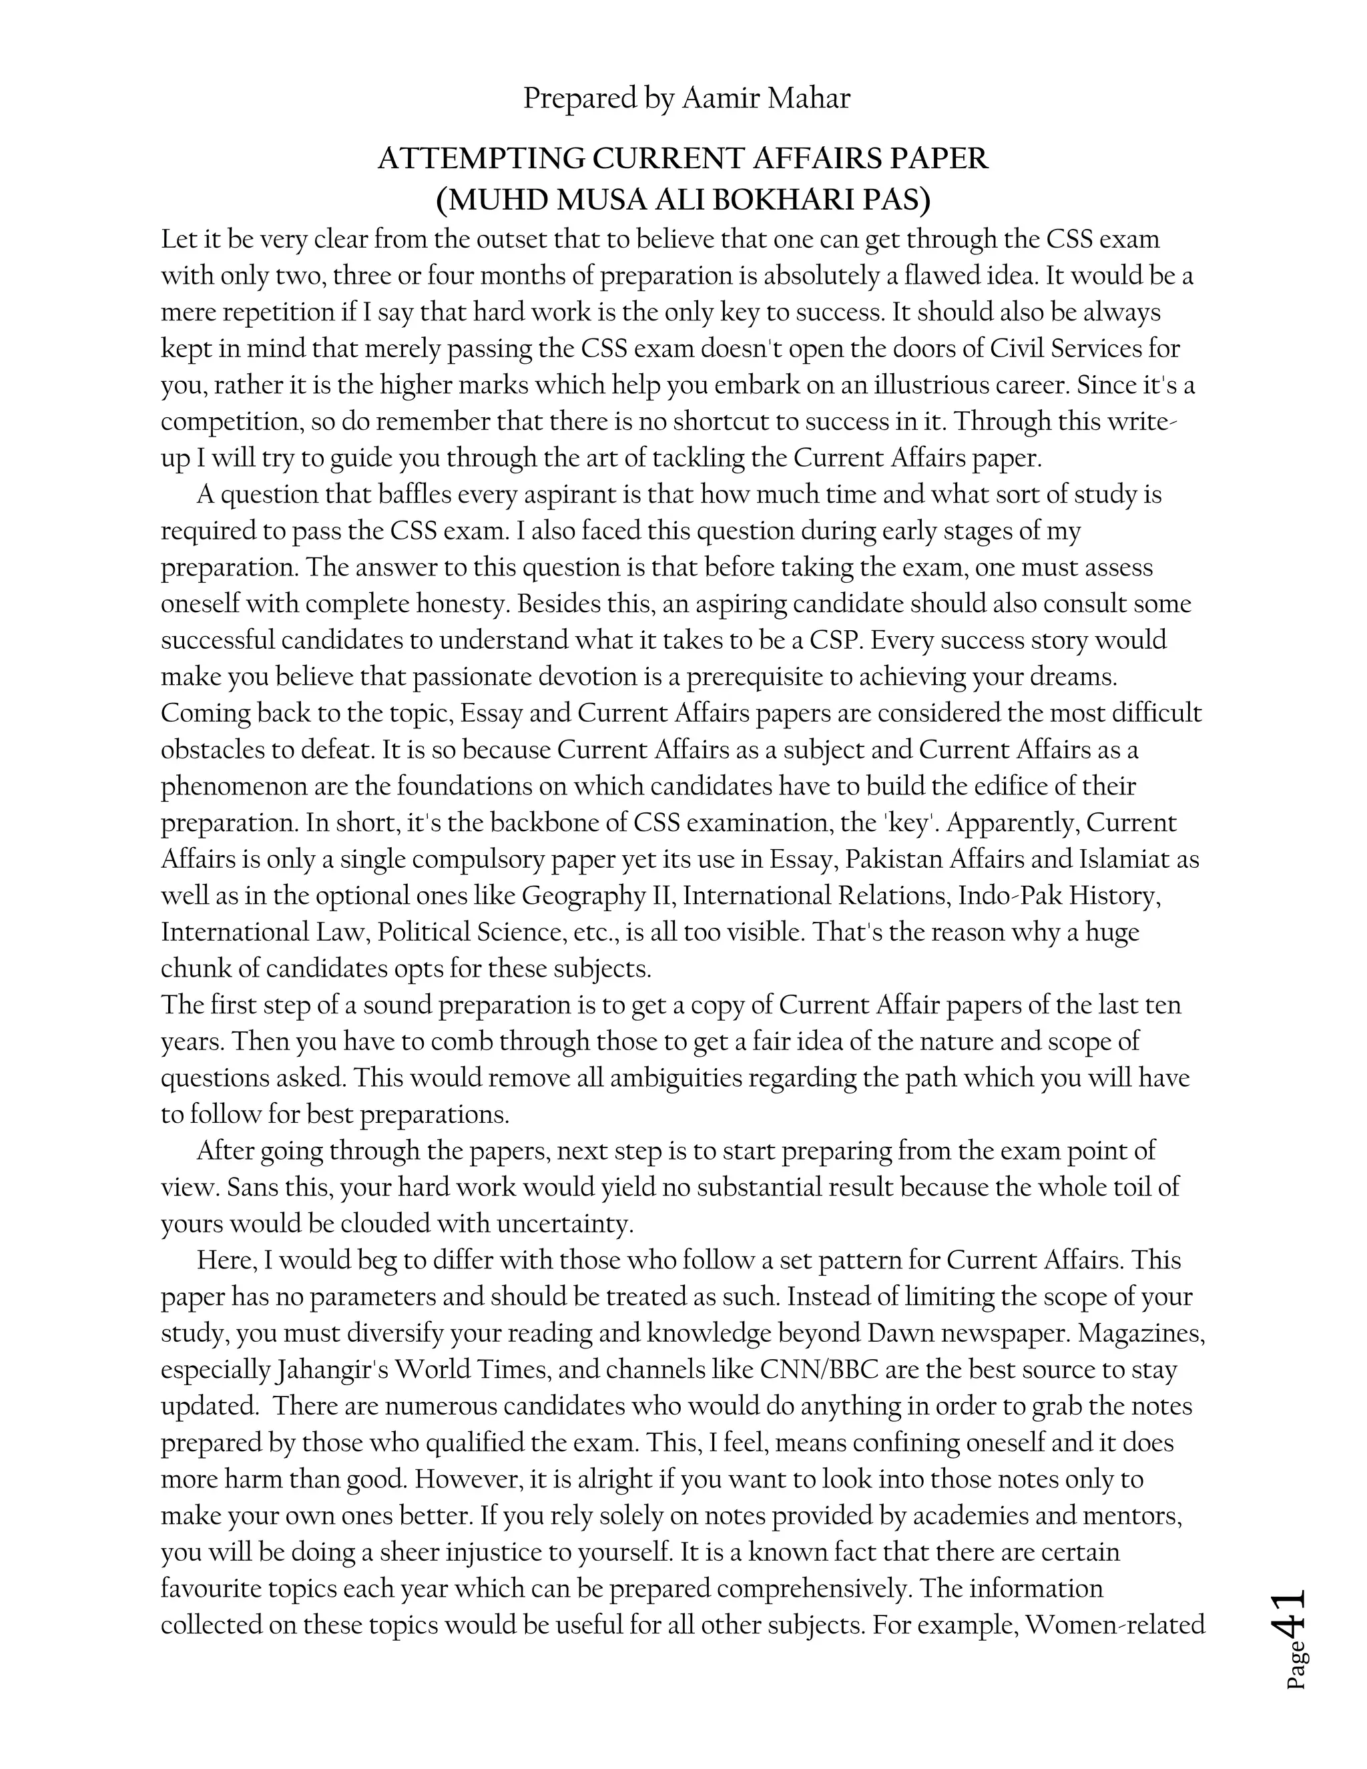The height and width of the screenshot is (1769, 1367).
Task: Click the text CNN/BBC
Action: pyautogui.click(x=820, y=1370)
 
